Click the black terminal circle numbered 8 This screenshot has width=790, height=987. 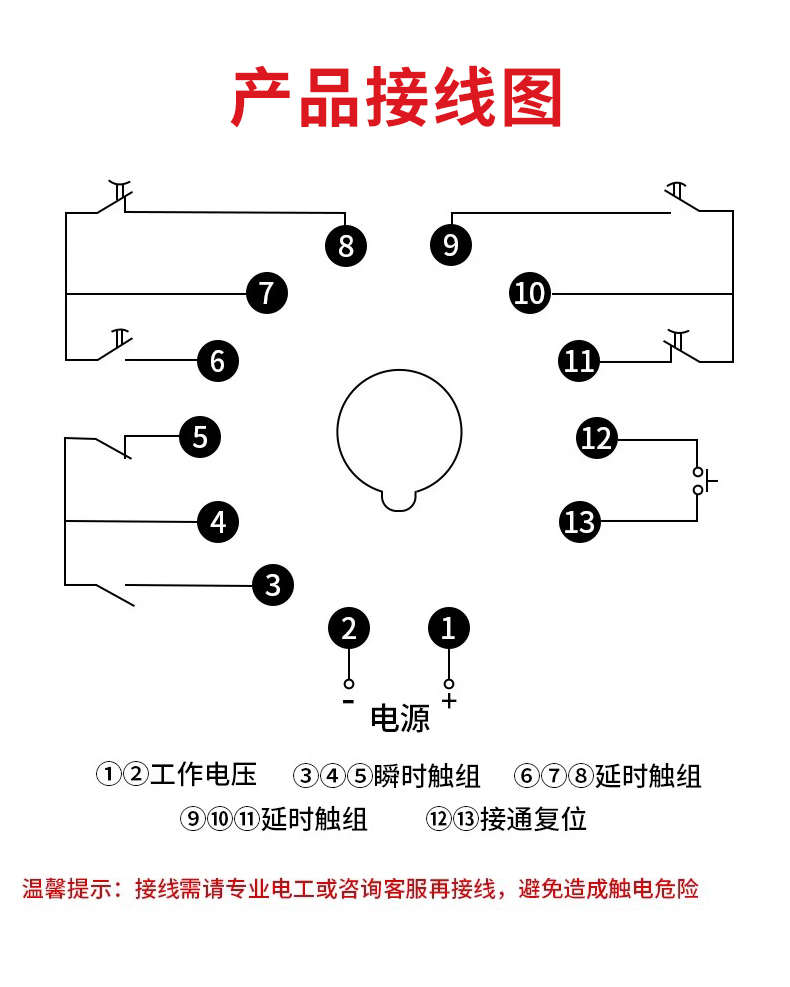click(x=346, y=245)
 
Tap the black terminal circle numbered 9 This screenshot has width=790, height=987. click(x=450, y=245)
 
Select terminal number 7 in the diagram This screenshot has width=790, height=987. click(x=267, y=293)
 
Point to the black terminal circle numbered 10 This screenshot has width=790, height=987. click(x=530, y=293)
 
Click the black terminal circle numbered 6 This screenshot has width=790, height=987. click(x=218, y=360)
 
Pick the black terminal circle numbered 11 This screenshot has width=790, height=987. click(x=579, y=360)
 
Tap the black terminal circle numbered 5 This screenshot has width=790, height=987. click(x=200, y=437)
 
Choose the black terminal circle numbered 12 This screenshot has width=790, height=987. click(x=597, y=438)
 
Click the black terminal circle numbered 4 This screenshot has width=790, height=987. click(x=218, y=521)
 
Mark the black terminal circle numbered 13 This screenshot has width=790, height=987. click(x=579, y=521)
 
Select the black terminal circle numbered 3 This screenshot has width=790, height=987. click(x=273, y=584)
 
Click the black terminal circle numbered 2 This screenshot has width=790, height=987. click(x=349, y=628)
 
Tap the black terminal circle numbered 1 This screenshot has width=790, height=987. click(x=448, y=628)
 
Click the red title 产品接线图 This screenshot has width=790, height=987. click(x=396, y=99)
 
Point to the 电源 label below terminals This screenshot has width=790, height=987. click(x=400, y=718)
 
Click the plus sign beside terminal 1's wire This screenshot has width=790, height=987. click(x=449, y=700)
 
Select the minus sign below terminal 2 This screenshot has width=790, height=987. click(x=348, y=701)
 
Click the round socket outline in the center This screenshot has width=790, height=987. click(x=400, y=435)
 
